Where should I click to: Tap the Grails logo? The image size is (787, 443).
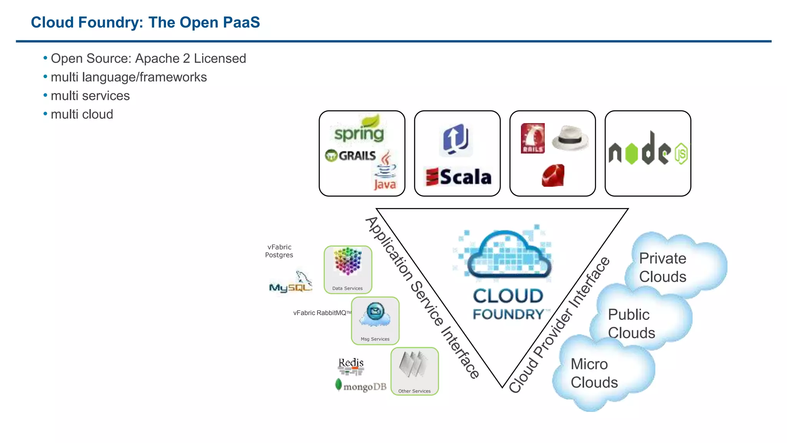(350, 155)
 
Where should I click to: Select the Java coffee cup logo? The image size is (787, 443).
(385, 171)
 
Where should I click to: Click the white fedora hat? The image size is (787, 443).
(570, 138)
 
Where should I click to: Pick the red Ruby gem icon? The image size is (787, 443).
(553, 176)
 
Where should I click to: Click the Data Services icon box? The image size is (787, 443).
(348, 270)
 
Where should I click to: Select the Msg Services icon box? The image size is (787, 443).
(375, 321)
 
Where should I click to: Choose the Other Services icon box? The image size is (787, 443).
(414, 371)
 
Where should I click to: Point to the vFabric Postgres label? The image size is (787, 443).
(279, 251)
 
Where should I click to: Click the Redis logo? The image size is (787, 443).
(351, 366)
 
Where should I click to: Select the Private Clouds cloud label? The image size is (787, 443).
(662, 268)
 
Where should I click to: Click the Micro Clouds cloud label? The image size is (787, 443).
(594, 373)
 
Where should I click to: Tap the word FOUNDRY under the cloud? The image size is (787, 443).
(508, 315)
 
